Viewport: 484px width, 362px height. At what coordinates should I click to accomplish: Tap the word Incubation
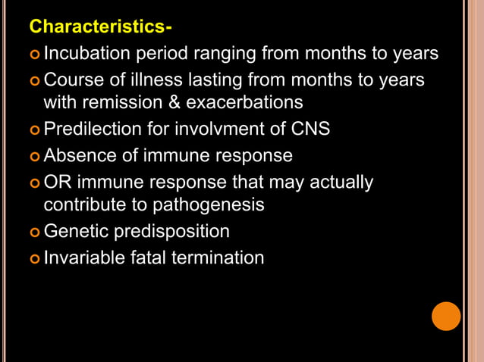tap(87, 54)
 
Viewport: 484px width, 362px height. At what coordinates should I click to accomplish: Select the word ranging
tap(226, 54)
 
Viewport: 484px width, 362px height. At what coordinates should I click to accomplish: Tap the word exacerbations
tap(245, 102)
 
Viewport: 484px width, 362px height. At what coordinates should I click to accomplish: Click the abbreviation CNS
tap(309, 129)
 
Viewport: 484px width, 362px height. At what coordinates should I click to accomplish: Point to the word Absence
tap(79, 156)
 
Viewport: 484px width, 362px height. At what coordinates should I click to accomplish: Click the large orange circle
tap(446, 316)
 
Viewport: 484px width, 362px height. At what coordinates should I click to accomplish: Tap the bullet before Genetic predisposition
tap(35, 232)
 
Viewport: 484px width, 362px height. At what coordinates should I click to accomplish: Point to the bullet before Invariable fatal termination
tap(35, 258)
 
